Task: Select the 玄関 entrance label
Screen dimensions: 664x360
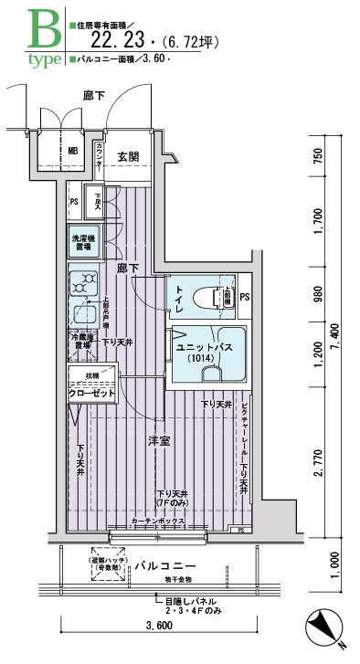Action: tap(129, 156)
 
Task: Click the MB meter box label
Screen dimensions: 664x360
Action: tap(73, 152)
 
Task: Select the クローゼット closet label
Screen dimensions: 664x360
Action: tap(91, 393)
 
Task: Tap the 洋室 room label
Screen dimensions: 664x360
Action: tap(160, 441)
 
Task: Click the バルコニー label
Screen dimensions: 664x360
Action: tap(162, 566)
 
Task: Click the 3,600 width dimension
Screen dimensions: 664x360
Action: tap(157, 627)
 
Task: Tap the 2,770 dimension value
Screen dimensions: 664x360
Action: tap(318, 463)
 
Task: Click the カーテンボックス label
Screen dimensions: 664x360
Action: tap(159, 522)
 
